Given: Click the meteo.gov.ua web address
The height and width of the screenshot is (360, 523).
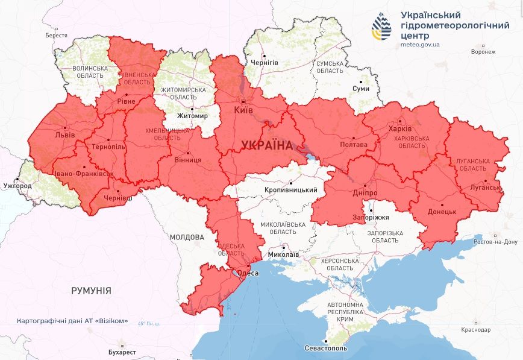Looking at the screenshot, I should [x=420, y=44].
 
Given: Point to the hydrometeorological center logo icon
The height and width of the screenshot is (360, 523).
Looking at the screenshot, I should [x=381, y=28].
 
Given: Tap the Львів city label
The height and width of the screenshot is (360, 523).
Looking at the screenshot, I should [x=64, y=134].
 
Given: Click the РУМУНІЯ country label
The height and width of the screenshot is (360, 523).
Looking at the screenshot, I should [x=91, y=291].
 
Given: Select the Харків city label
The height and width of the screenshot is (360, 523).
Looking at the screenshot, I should [x=401, y=129].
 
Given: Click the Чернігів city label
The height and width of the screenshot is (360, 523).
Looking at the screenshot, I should [x=265, y=62].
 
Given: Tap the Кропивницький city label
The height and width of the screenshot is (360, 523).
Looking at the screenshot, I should [x=291, y=190].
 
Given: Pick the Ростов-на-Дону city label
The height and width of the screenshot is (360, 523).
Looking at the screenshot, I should [x=496, y=242].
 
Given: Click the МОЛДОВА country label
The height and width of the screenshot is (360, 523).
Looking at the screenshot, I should [x=186, y=238].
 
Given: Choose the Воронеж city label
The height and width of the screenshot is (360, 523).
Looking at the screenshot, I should [x=483, y=52].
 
